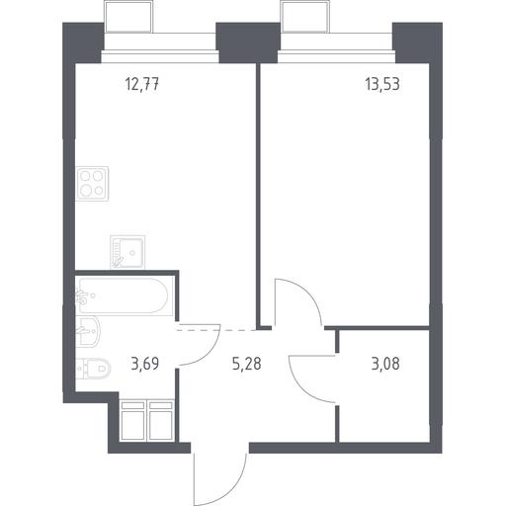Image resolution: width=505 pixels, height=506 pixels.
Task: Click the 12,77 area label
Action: point(142,85)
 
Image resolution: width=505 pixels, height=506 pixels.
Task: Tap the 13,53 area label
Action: point(382,84)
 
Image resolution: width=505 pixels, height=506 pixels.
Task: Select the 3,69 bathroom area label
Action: point(145,364)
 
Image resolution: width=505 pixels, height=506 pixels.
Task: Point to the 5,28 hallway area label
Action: point(247,364)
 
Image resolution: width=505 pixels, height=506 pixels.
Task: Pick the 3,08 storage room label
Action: point(385,364)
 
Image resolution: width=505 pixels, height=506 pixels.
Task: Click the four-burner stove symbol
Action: point(92,184)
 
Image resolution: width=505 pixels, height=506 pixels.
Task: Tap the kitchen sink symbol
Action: point(127,252)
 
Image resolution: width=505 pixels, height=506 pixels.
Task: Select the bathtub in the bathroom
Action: point(125,295)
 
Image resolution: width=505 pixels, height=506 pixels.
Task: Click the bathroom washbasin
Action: point(88,331)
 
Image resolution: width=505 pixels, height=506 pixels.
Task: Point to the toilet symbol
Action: point(93,369)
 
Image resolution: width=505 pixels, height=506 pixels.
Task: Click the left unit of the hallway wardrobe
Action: point(132,420)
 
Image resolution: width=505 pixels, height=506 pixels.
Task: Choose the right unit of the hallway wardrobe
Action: point(161,420)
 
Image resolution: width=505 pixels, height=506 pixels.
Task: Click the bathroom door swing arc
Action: point(210,354)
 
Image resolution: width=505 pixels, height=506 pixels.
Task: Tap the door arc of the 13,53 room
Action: point(309,294)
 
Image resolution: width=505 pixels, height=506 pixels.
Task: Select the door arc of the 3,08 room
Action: point(299,386)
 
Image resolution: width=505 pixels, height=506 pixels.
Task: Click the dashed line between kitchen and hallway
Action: point(216,329)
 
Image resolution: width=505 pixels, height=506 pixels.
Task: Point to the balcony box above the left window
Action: point(128,16)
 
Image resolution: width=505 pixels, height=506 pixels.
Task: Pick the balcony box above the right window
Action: point(305,16)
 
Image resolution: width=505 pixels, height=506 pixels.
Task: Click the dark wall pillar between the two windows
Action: point(248,42)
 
